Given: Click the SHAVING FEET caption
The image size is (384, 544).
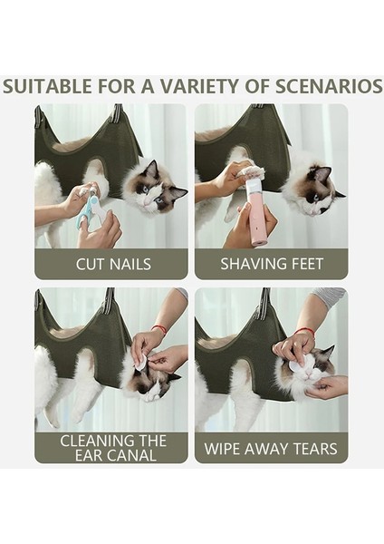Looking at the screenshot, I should pos(272,264).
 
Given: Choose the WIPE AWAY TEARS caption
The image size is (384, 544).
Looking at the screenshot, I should pos(272,448).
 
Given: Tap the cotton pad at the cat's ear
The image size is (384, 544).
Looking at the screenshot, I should pos(140,362).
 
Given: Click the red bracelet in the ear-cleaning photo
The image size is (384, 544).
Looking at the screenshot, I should pos(159,328).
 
